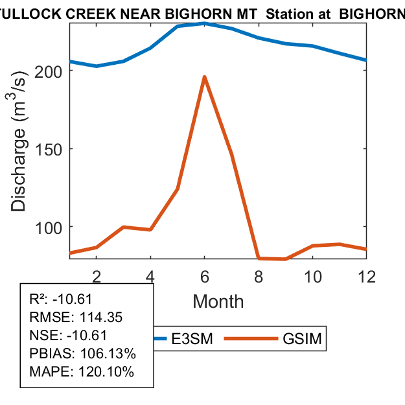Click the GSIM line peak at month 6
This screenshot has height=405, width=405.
pyautogui.click(x=204, y=77)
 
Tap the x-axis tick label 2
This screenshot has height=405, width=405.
pyautogui.click(x=97, y=276)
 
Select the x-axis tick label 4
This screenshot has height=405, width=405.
pyautogui.click(x=150, y=276)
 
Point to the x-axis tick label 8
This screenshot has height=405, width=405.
pyautogui.click(x=259, y=276)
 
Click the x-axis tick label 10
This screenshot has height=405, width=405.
pyautogui.click(x=312, y=276)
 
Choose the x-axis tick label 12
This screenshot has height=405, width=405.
pyautogui.click(x=366, y=276)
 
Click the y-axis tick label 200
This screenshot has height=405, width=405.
pyautogui.click(x=50, y=71)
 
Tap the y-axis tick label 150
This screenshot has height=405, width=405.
pyautogui.click(x=50, y=149)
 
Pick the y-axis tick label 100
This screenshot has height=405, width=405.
pyautogui.click(x=50, y=227)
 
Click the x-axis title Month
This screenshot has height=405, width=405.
pyautogui.click(x=218, y=301)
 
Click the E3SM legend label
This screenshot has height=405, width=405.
pyautogui.click(x=192, y=339)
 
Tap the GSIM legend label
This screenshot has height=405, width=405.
pyautogui.click(x=302, y=339)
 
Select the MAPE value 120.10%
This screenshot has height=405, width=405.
pyautogui.click(x=104, y=373)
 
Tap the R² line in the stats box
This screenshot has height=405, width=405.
pyautogui.click(x=62, y=299)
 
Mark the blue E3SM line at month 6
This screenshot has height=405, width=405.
pyautogui.click(x=204, y=23)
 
